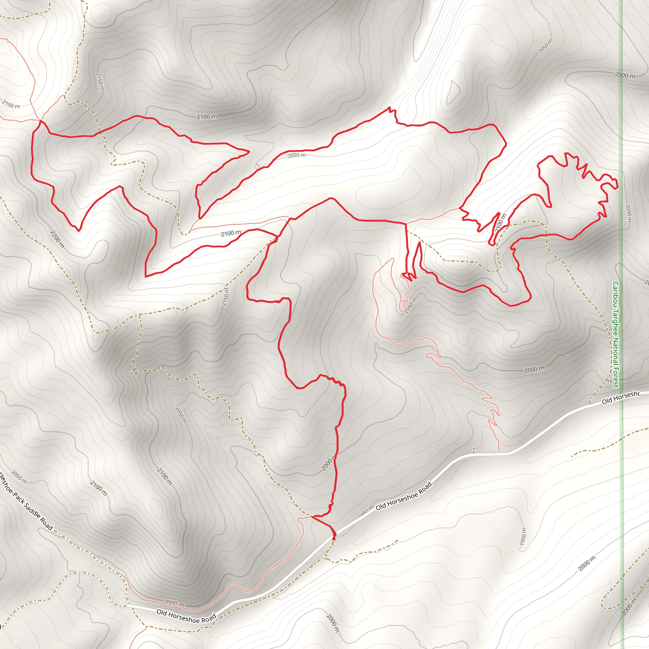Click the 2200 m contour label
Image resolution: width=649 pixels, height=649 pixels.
point(57,239)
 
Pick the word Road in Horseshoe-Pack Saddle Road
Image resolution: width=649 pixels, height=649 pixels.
point(47,525)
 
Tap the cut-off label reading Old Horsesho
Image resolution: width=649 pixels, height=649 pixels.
point(620,398)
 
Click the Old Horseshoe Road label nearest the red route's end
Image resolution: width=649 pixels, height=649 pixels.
point(403,496)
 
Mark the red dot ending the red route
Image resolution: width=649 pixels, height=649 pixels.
point(334,538)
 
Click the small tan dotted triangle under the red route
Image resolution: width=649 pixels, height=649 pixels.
point(374,228)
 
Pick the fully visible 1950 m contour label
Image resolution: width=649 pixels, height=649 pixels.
point(523,537)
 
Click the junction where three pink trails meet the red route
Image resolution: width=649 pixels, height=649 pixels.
point(41,120)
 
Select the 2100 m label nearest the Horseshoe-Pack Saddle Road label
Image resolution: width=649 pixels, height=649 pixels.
point(99,488)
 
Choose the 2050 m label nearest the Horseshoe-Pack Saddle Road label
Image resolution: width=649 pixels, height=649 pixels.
point(19,477)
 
